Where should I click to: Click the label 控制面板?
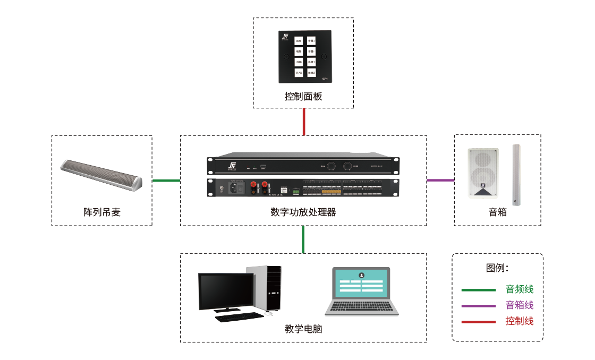303,97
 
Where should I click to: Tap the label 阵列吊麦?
102,212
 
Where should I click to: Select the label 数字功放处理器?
303,212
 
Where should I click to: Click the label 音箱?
498,212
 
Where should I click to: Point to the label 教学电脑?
303,329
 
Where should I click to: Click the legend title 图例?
497,268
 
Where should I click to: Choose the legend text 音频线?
519,289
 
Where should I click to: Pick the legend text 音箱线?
519,305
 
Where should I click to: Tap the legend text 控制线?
519,321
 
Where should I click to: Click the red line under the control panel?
303,122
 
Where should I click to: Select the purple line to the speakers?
440,181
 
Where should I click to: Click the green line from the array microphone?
166,181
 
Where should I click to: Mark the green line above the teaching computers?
303,239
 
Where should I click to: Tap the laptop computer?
362,292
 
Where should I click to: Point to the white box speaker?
483,173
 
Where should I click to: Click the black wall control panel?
305,56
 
